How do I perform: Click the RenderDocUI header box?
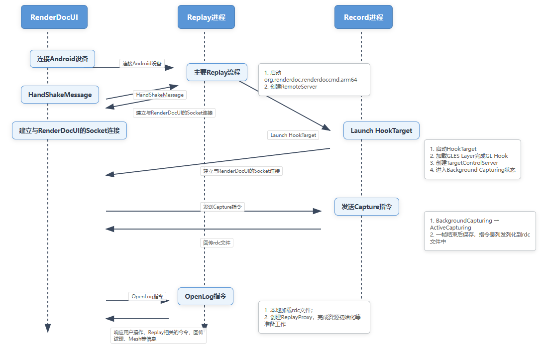click(54, 17)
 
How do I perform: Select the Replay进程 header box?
click(207, 17)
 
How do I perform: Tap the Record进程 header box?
click(364, 17)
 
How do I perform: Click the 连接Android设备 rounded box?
click(63, 59)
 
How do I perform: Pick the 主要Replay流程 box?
click(217, 72)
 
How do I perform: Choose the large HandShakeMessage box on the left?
click(60, 95)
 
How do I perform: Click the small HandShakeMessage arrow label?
click(160, 95)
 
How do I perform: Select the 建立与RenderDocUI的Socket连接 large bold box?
click(70, 130)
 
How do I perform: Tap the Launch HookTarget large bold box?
click(382, 130)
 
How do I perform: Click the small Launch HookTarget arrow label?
click(293, 135)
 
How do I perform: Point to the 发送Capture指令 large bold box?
click(367, 207)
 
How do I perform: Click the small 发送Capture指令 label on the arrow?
click(222, 207)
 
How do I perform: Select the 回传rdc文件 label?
click(217, 243)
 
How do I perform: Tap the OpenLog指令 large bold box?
click(206, 296)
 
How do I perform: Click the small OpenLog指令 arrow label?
click(147, 296)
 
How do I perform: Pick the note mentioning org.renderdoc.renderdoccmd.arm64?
click(314, 80)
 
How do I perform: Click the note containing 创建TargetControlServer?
click(472, 159)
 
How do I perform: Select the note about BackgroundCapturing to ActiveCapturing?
click(480, 231)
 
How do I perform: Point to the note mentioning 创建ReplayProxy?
click(314, 317)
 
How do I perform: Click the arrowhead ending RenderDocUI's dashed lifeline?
click(48, 328)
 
